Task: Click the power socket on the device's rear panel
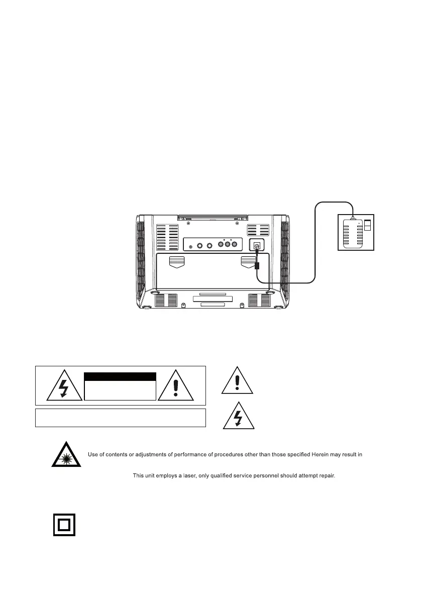point(257,246)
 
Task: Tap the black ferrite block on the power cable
point(257,265)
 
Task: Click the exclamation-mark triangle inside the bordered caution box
point(175,387)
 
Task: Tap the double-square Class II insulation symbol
point(64,525)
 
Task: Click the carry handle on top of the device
point(213,218)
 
